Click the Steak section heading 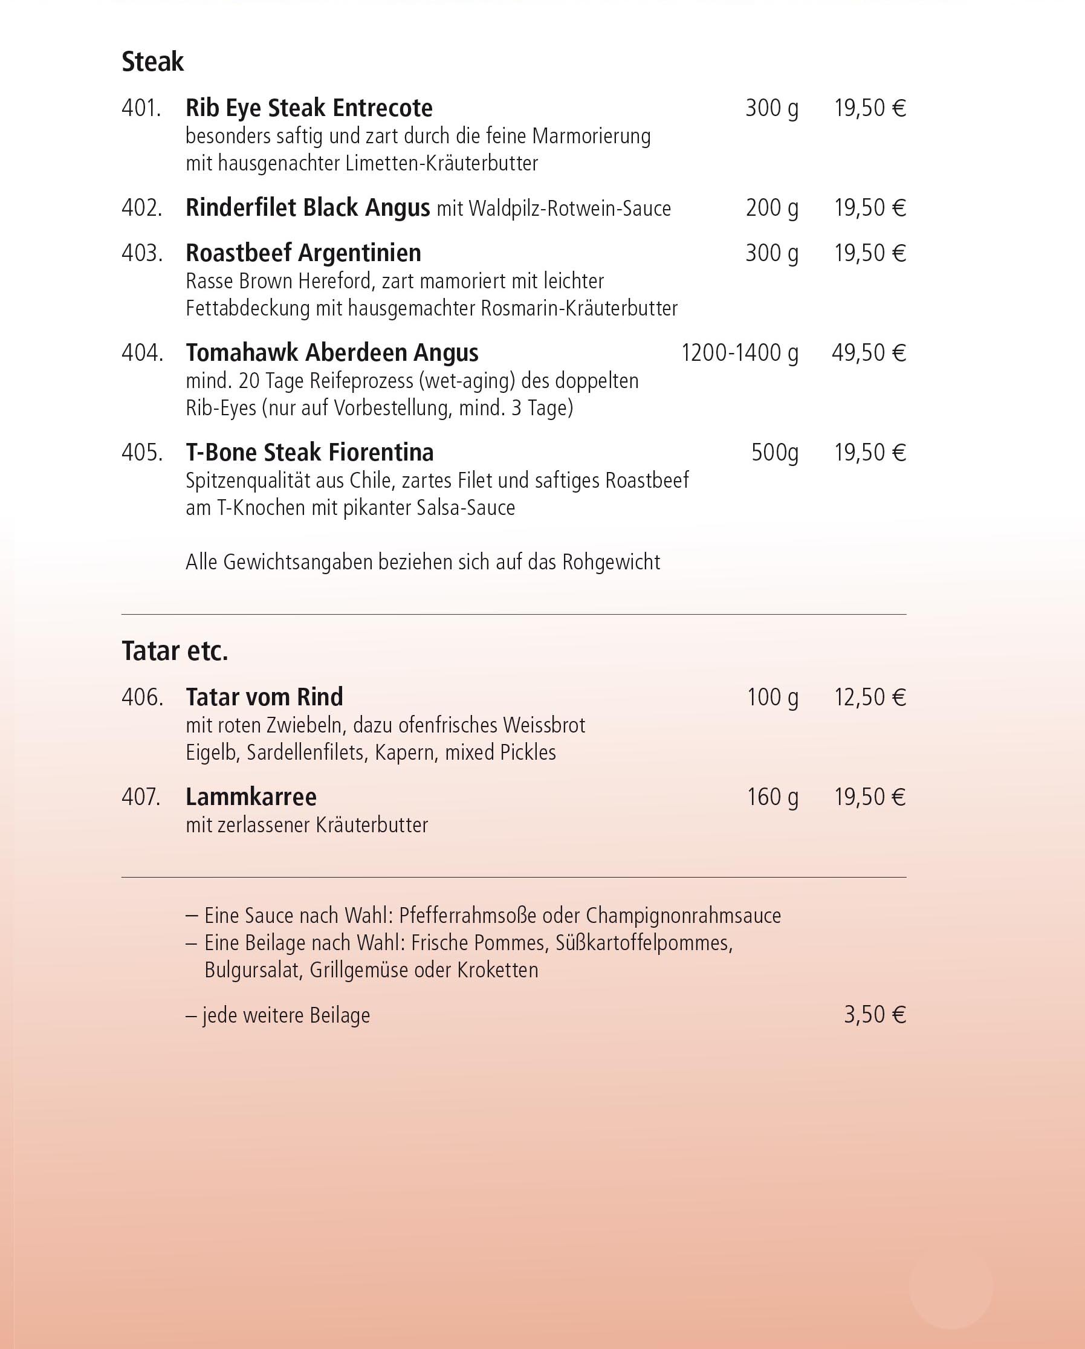[x=152, y=62]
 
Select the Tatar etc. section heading [x=175, y=652]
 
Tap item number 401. [x=141, y=108]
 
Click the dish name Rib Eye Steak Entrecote [x=308, y=108]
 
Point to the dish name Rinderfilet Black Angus [x=307, y=208]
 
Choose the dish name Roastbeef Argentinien [x=303, y=253]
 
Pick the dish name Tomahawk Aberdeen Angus [x=332, y=353]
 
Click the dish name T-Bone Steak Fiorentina [x=309, y=452]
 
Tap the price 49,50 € [x=869, y=353]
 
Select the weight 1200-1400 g [x=739, y=353]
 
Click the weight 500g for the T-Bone [x=775, y=452]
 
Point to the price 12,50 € [x=870, y=697]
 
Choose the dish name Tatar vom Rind [x=264, y=697]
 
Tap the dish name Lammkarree [x=251, y=797]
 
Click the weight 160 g [x=772, y=797]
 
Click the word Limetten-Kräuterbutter [x=441, y=164]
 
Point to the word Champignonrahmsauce [x=683, y=916]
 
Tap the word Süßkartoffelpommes [x=644, y=943]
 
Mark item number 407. [x=141, y=797]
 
